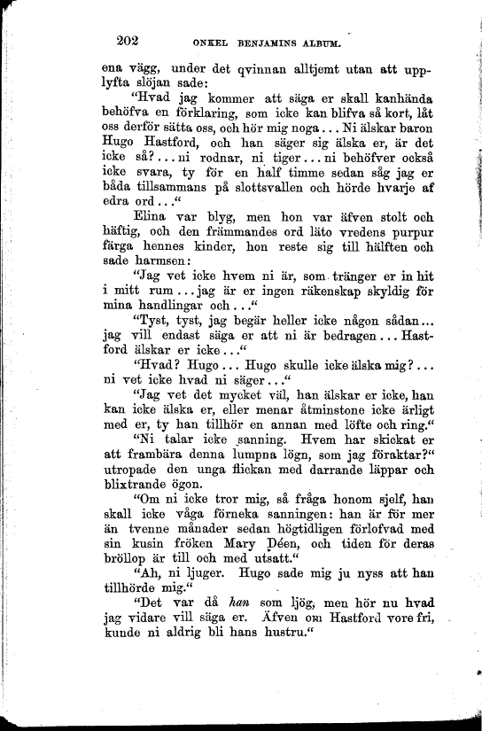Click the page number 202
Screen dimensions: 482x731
[x=131, y=38]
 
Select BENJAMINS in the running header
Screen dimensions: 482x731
[x=268, y=42]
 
